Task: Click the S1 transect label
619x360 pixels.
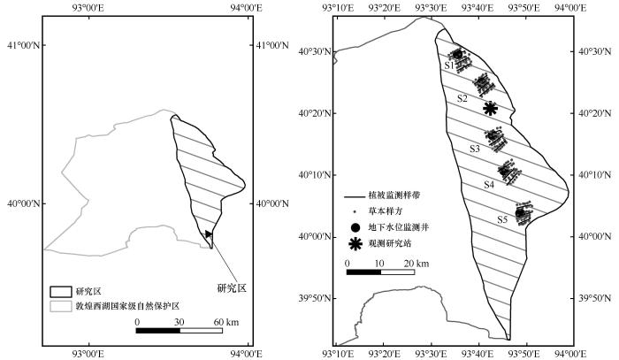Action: point(449,65)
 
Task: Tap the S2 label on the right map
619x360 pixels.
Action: point(462,98)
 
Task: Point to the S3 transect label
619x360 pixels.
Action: point(475,149)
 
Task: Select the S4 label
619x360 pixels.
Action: point(489,184)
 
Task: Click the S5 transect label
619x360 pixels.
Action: point(502,220)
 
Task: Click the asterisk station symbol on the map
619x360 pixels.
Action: point(490,108)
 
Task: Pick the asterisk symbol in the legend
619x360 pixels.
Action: point(355,244)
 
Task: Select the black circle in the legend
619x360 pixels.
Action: point(355,227)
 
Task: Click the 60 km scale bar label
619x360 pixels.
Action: point(226,322)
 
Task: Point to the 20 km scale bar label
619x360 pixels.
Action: point(416,264)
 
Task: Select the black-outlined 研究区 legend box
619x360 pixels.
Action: point(61,292)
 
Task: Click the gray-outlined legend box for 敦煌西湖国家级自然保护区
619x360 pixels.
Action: point(61,306)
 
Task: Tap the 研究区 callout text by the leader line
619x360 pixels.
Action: point(232,288)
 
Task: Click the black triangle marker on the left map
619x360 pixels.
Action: point(209,234)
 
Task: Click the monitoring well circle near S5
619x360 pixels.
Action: point(520,213)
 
